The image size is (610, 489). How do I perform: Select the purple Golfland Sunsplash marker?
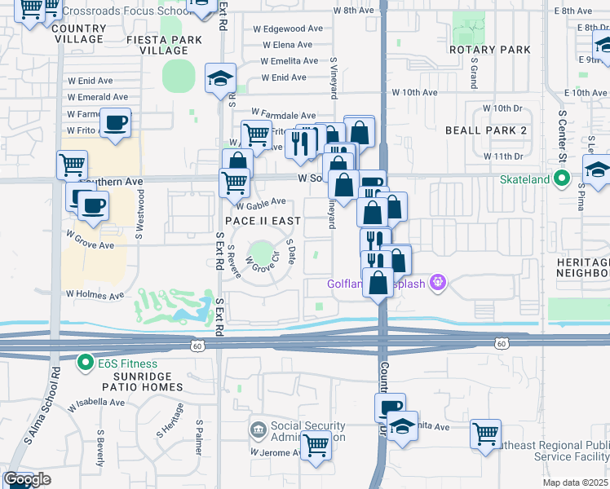coord(439,283)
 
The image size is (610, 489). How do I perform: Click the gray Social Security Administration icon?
coord(259,430)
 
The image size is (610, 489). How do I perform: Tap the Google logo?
coord(26,479)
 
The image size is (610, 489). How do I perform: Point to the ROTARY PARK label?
coord(489,50)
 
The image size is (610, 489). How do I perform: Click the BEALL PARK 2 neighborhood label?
coord(486,130)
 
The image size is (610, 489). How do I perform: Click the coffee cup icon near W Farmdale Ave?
coord(115,123)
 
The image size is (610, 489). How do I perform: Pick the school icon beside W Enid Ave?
coord(220,78)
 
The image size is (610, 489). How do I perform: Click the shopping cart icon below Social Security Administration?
coord(316,446)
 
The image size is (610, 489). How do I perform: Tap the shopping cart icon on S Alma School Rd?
coord(72,165)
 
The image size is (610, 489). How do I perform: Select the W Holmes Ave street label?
coord(95,295)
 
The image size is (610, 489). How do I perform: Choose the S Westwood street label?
coord(140,214)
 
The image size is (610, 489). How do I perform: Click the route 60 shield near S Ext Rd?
coord(197,346)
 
